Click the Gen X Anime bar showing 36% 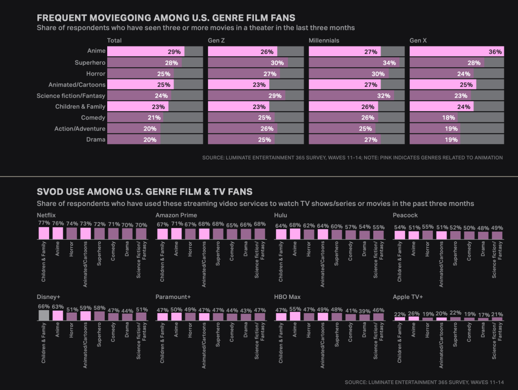(456, 52)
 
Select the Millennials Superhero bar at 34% (354, 63)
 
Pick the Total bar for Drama (134, 140)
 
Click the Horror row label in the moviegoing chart (96, 74)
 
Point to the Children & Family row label (80, 107)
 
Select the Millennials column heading (324, 40)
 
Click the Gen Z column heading (217, 40)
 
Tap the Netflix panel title (47, 215)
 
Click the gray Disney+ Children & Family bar (44, 315)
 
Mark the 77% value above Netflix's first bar (44, 223)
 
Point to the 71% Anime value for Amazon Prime (176, 224)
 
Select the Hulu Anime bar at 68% (294, 234)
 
